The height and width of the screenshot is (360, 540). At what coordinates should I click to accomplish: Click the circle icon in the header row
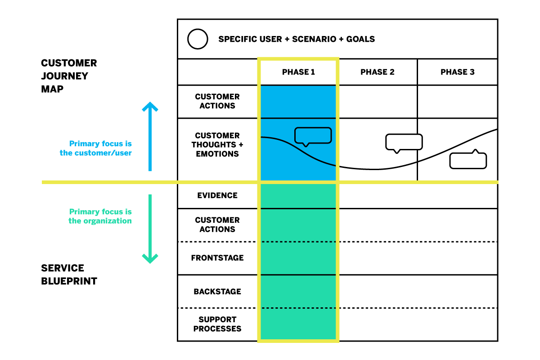coord(198,39)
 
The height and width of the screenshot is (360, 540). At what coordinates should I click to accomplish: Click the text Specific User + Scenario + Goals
coord(297,39)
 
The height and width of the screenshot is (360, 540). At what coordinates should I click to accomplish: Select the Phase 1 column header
coord(298,72)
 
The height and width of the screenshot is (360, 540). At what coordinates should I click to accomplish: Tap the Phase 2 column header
coord(378,72)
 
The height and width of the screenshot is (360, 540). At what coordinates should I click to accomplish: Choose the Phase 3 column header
coord(457,72)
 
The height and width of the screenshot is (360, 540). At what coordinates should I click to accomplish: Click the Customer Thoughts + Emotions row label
coord(217,144)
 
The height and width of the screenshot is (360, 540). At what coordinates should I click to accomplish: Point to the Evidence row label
coord(217,195)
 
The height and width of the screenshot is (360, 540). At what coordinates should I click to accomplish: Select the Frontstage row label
coord(217,258)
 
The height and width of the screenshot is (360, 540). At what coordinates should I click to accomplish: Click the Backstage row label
coord(217,292)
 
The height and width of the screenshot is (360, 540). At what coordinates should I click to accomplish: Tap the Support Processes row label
coord(217,324)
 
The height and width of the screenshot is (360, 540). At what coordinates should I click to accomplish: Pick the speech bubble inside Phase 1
coord(313,135)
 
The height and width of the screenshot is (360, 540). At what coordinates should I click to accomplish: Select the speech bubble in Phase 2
coord(404,142)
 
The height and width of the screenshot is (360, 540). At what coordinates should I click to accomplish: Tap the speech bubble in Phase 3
coord(468,160)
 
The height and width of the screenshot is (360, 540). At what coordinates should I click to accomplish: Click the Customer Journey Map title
coord(69,76)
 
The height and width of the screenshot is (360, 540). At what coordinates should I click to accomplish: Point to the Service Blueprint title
coord(69,274)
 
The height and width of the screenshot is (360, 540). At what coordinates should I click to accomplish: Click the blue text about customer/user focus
coord(96,148)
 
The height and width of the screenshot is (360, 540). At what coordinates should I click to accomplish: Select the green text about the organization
coord(100,216)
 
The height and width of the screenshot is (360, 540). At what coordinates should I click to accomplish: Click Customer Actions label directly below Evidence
coord(217,225)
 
